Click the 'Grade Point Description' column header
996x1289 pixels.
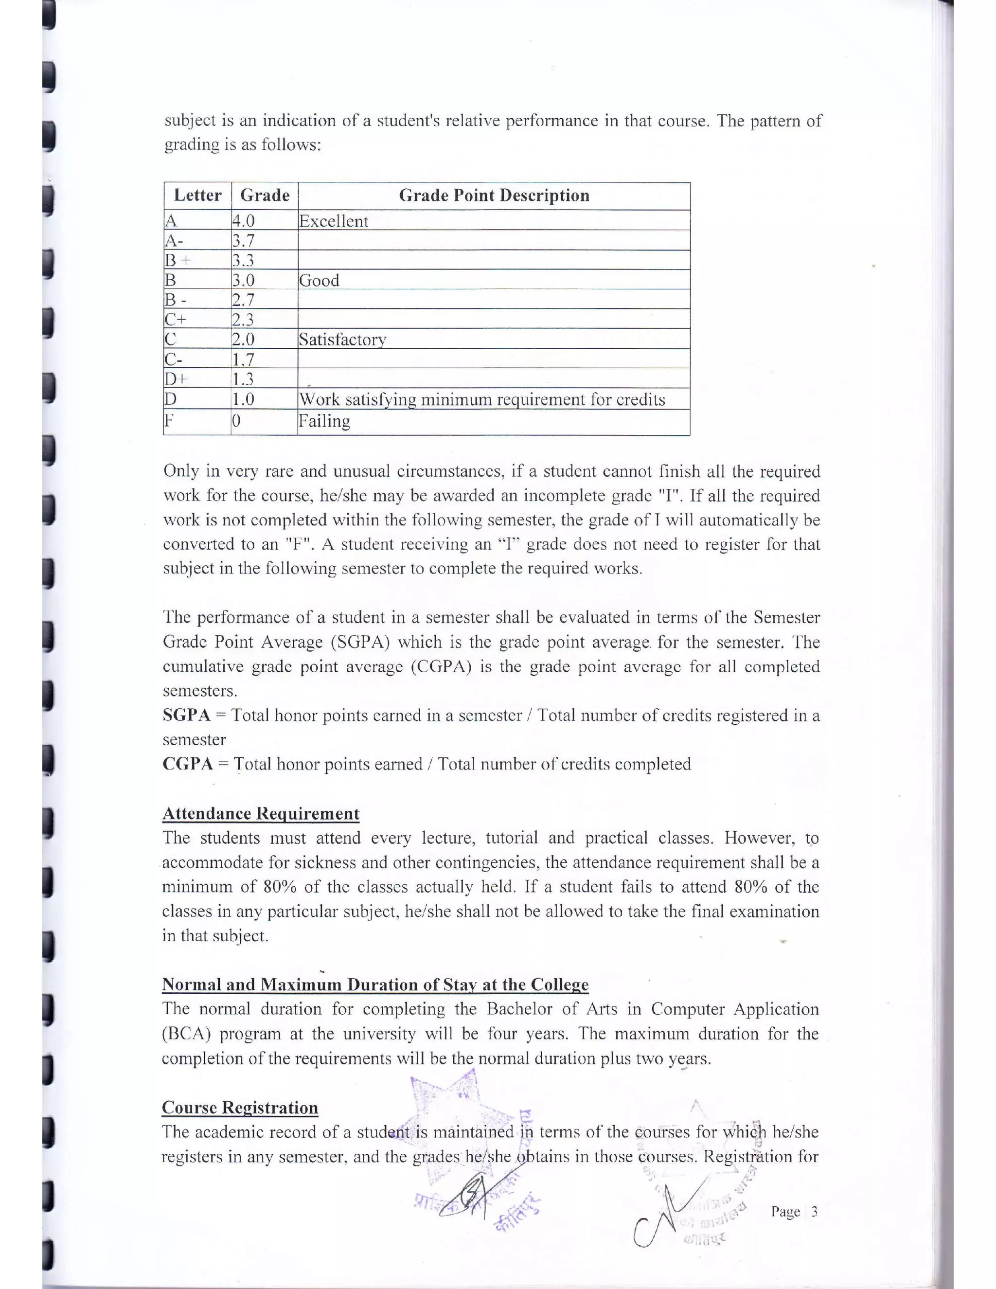pos(494,196)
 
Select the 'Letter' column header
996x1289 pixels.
pos(197,196)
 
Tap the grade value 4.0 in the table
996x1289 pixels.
pos(243,221)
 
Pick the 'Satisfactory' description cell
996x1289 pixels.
pos(342,340)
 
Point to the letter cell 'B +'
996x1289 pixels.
pos(178,260)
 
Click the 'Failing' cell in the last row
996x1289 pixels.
pos(324,421)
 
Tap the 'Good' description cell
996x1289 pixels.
pos(319,280)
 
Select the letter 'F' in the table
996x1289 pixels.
pos(169,421)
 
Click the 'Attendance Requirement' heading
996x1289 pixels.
pos(260,813)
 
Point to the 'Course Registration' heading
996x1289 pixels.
pos(240,1107)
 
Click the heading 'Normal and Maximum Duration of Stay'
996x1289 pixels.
pos(375,985)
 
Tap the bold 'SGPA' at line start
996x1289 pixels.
pos(186,716)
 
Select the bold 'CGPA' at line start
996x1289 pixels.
pos(188,764)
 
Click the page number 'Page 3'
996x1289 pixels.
pos(794,1212)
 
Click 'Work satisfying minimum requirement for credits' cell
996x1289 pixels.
pos(482,399)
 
